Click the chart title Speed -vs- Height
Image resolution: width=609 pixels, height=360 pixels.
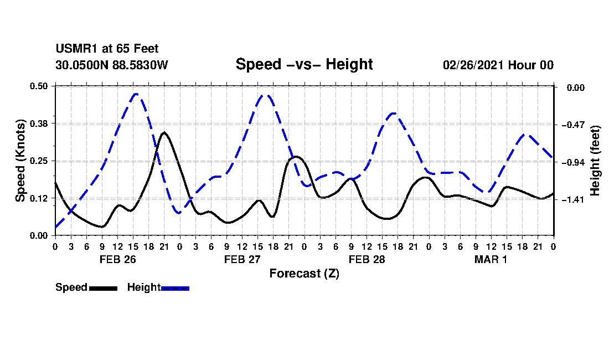point(304,64)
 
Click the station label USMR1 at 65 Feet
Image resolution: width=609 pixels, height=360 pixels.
point(107,49)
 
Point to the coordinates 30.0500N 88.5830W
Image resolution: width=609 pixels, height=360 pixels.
point(112,65)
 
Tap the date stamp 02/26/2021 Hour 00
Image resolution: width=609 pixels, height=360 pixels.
point(498,65)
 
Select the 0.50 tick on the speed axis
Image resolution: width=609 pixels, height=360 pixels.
point(38,86)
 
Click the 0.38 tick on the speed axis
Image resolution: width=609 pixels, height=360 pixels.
point(38,124)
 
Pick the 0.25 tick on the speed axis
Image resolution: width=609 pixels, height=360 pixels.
point(38,161)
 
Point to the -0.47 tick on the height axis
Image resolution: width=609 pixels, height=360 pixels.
point(573,125)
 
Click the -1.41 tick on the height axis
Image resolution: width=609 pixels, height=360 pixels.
point(573,199)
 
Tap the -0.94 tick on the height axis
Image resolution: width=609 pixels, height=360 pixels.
point(573,162)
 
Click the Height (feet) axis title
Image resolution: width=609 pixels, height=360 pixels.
point(595,161)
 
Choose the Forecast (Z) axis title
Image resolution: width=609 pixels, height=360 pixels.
point(304,274)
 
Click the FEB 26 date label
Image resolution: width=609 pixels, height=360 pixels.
point(118,259)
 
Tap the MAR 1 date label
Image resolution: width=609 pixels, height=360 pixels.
point(491,259)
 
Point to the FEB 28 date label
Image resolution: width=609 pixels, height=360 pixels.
point(367,259)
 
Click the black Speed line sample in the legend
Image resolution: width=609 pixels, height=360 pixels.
point(104,288)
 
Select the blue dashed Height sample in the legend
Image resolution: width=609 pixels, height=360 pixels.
point(175,288)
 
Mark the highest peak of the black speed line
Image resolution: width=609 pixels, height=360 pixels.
point(164,132)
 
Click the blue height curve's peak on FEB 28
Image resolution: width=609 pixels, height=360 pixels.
point(394,113)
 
